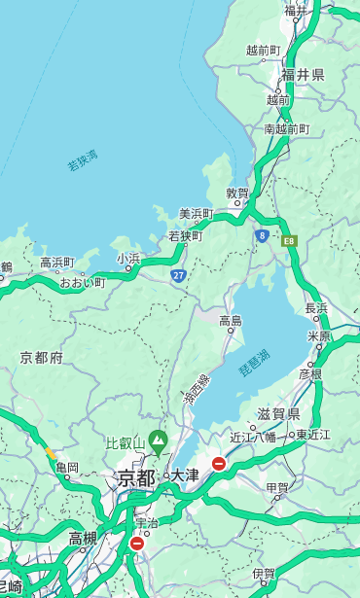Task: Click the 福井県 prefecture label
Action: pos(303,75)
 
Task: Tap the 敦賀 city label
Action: pos(238,193)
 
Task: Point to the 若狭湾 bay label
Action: pos(83,160)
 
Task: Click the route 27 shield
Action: pos(178,276)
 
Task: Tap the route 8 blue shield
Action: pos(262,235)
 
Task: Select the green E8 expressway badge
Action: pos(289,240)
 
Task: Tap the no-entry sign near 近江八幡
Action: pos(219,464)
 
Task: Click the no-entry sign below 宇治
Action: pos(136,544)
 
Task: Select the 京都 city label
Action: pos(136,477)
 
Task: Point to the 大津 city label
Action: pos(185,476)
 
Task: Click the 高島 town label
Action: pos(231,321)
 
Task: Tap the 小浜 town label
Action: pos(128,259)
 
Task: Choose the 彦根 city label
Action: pos(310,373)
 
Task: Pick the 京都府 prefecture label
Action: pos(41,358)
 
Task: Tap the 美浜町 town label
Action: pos(197,214)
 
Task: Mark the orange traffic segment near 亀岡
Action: pos(50,453)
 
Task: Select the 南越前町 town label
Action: pos(287,128)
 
